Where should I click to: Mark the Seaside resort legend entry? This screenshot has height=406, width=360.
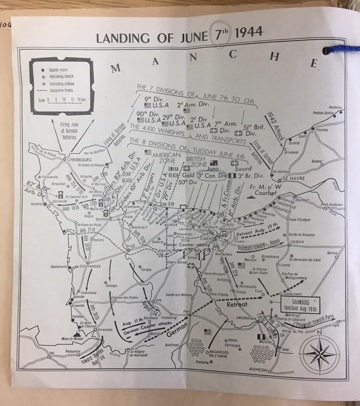61,66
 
